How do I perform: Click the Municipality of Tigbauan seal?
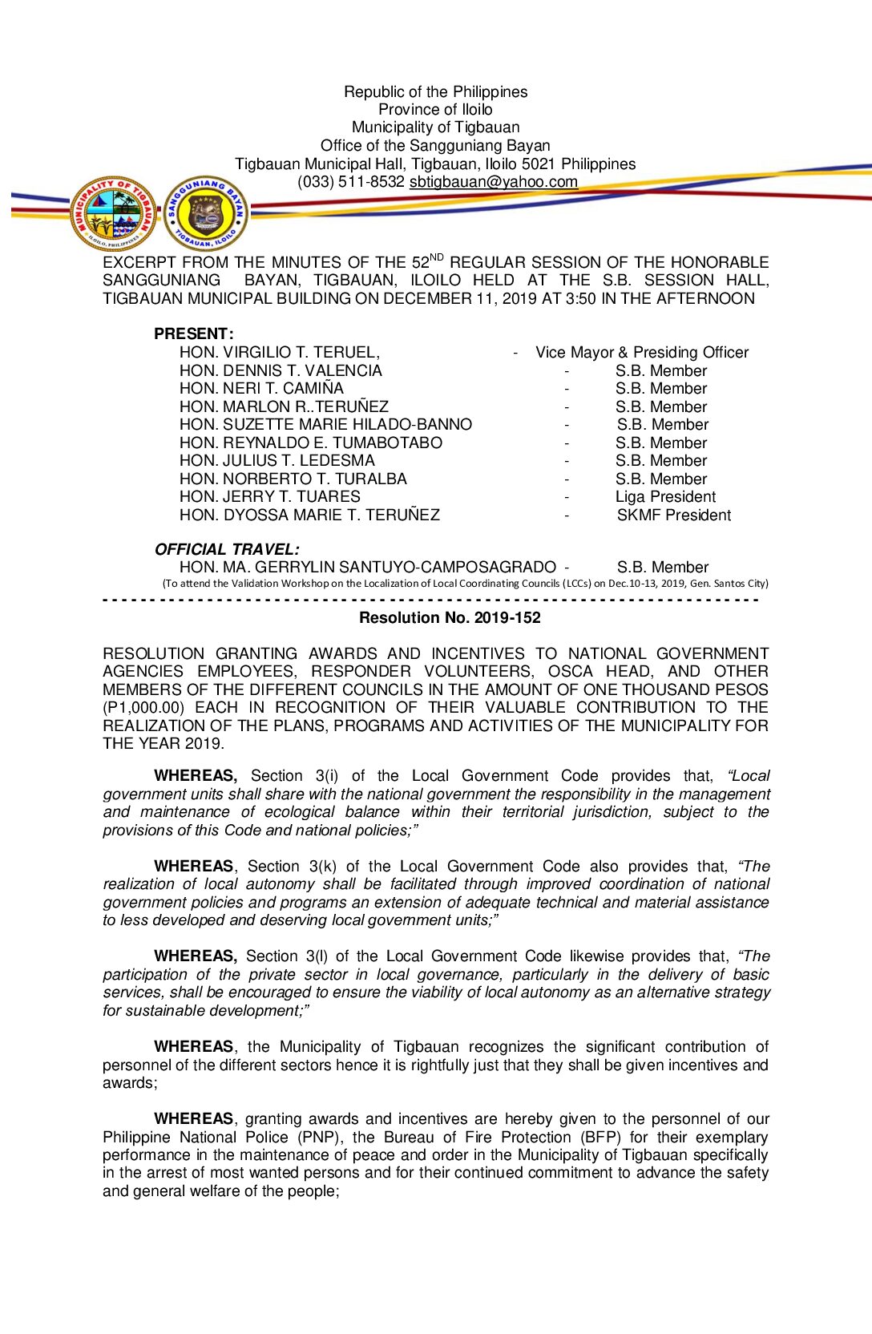(114, 213)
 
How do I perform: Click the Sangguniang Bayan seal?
(206, 213)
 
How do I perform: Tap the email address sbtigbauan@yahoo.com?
(493, 182)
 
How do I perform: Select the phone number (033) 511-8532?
(351, 182)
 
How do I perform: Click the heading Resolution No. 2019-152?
(450, 618)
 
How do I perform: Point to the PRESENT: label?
(194, 333)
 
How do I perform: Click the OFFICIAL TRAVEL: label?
(227, 549)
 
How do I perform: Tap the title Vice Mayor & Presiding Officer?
(642, 353)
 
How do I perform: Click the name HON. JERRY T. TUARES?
(270, 497)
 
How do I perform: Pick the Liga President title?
(665, 497)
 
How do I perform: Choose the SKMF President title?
(673, 515)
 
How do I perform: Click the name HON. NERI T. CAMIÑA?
(261, 389)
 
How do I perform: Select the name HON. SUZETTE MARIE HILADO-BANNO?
(325, 425)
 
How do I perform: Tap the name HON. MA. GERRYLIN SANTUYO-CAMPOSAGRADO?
(367, 568)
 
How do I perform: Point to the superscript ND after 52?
(436, 257)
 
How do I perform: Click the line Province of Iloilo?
(435, 110)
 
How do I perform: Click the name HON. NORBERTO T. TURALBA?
(293, 479)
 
